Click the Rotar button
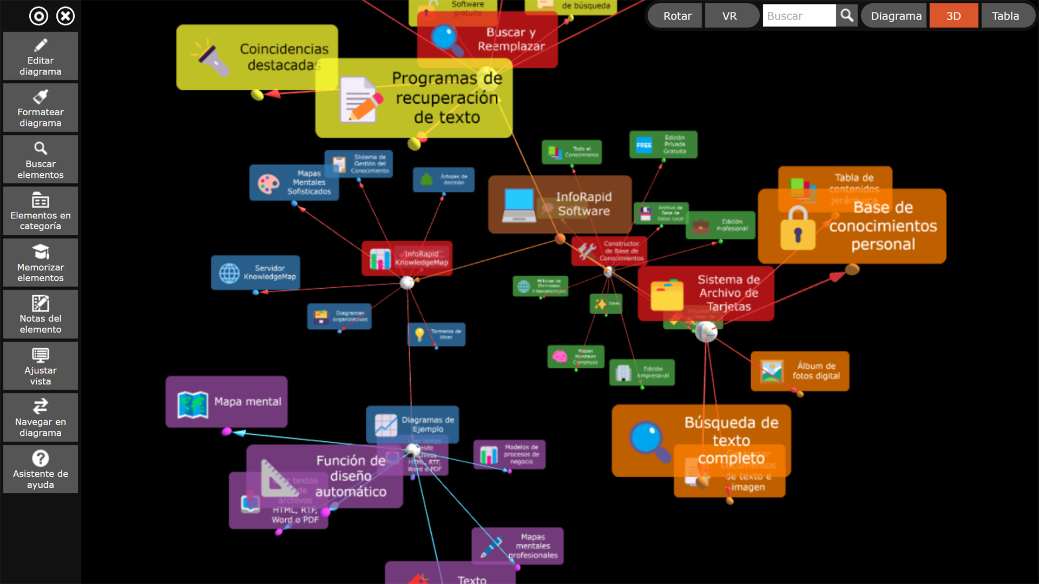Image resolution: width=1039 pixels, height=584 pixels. click(677, 16)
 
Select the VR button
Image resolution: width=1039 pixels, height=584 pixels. click(729, 16)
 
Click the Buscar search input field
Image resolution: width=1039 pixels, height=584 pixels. click(799, 16)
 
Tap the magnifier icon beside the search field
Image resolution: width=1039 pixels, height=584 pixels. click(847, 16)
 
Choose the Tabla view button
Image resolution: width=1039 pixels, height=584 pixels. click(1005, 16)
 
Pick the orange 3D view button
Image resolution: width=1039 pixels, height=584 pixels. click(953, 16)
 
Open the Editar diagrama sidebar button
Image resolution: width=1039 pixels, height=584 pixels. click(41, 56)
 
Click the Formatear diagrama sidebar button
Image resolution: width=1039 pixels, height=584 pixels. click(41, 108)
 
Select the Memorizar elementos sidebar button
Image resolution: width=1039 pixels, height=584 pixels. click(41, 263)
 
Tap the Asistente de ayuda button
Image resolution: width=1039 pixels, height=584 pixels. click(41, 469)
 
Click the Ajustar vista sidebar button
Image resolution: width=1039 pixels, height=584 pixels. click(41, 366)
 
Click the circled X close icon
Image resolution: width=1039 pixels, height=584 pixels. click(65, 16)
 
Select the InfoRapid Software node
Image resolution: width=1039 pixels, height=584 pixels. click(560, 204)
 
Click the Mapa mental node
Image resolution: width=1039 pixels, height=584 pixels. click(226, 402)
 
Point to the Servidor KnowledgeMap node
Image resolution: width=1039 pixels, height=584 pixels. click(255, 273)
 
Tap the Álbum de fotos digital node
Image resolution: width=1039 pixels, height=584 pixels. click(800, 371)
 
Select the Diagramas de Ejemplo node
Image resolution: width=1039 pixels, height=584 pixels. click(412, 424)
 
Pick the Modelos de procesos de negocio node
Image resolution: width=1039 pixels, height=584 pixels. click(509, 454)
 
